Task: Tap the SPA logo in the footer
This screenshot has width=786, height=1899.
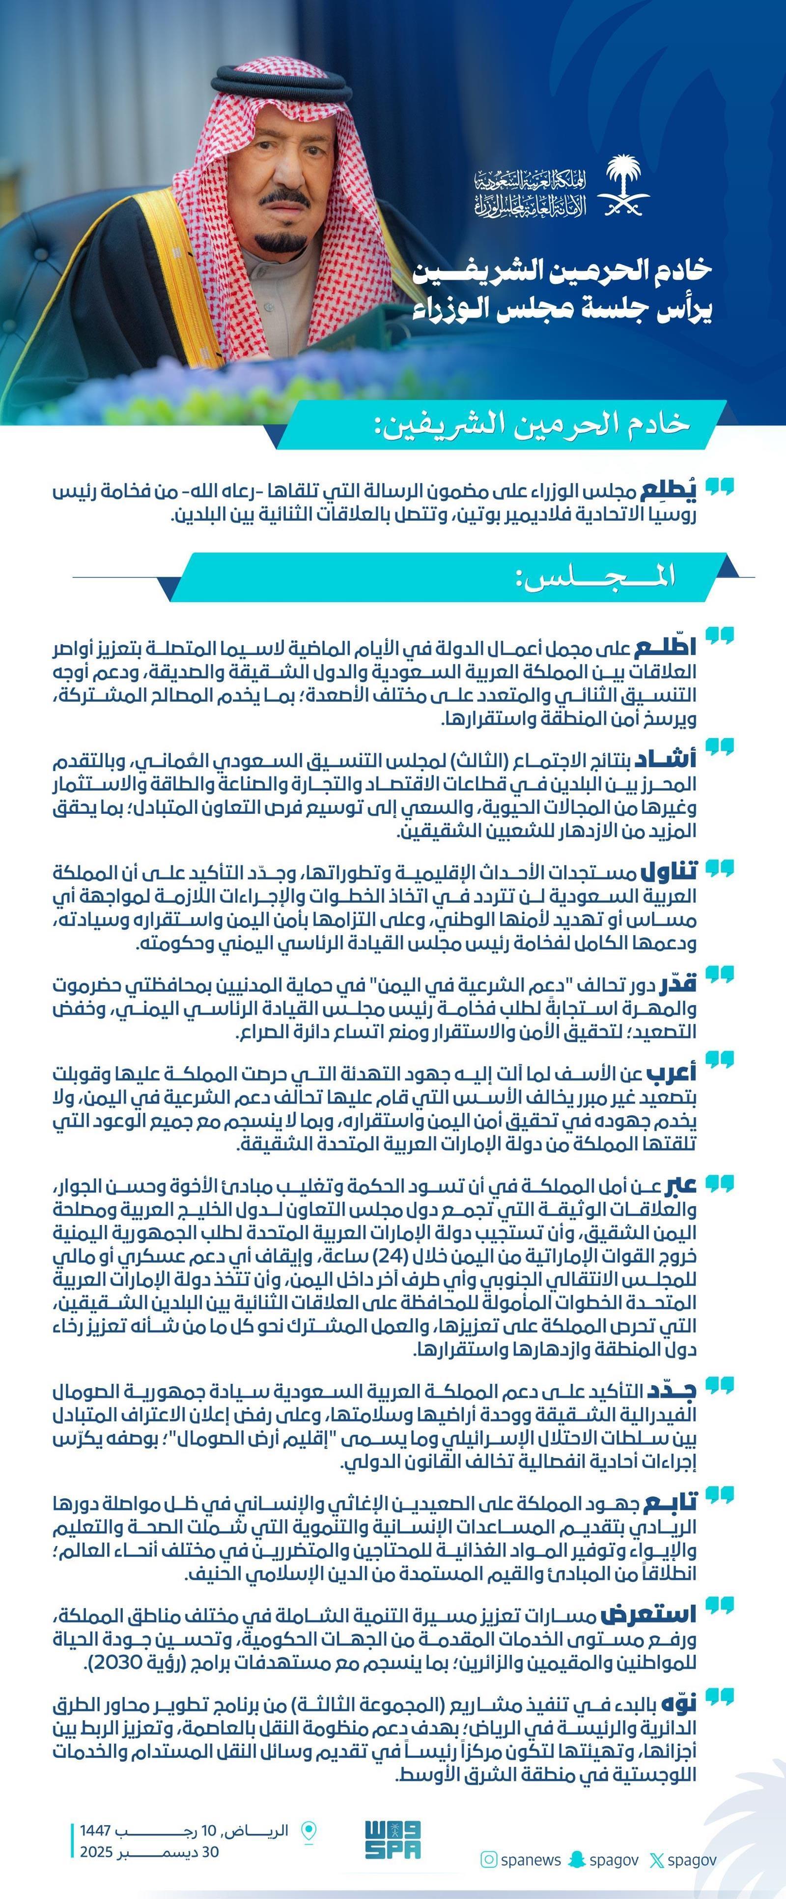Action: [393, 1840]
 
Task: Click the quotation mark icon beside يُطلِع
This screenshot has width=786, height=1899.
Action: [719, 486]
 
